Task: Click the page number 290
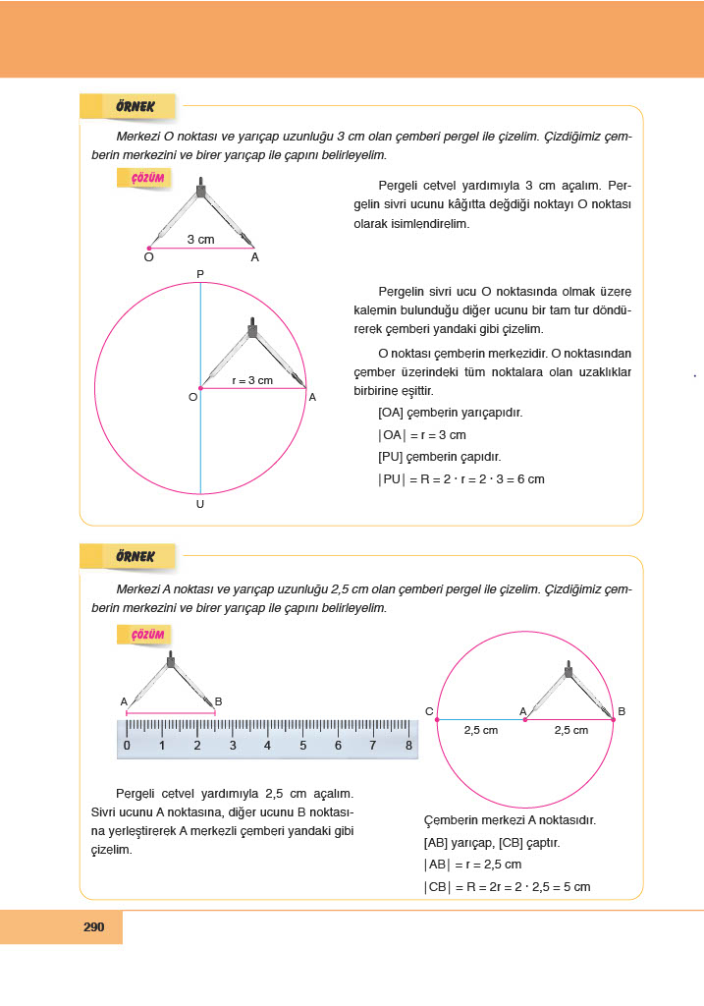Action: [94, 926]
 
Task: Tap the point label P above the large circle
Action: [200, 273]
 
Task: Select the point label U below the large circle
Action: [200, 504]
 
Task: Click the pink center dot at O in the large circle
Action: [200, 389]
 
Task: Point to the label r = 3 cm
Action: [252, 380]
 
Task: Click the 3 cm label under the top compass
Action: [200, 239]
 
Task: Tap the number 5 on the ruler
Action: [302, 746]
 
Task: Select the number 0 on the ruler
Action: [127, 746]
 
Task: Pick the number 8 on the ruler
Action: [408, 746]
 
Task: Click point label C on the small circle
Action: [429, 710]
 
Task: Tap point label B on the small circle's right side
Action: [622, 710]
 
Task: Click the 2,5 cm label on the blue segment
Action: [480, 730]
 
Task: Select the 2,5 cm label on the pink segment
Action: [570, 730]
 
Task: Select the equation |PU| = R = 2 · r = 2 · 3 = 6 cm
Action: [460, 479]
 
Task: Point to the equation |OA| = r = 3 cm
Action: [421, 434]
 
